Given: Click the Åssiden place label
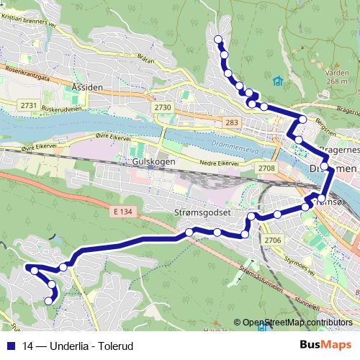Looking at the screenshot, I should pyautogui.click(x=89, y=86).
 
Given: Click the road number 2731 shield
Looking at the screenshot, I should pyautogui.click(x=30, y=106).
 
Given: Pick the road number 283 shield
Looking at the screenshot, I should pyautogui.click(x=231, y=123).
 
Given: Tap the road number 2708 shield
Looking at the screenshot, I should pyautogui.click(x=266, y=168).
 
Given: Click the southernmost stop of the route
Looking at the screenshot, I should pyautogui.click(x=49, y=301).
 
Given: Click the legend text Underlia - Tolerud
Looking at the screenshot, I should pyautogui.click(x=87, y=346).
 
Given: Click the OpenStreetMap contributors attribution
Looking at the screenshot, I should pyautogui.click(x=297, y=323).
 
